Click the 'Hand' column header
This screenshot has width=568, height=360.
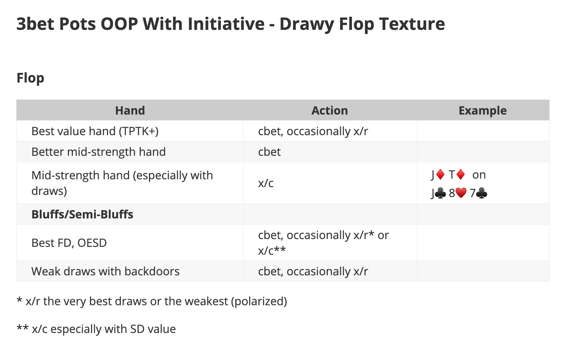tap(130, 111)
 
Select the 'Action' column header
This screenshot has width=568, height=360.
tap(329, 111)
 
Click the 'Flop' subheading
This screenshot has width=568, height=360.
tap(31, 78)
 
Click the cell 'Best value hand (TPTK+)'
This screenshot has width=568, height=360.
tap(95, 131)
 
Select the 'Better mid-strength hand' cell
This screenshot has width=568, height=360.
tap(98, 152)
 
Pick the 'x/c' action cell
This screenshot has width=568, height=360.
tap(266, 183)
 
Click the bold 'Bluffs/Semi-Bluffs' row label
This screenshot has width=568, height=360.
tap(82, 215)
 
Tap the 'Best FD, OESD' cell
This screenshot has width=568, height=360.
tap(69, 243)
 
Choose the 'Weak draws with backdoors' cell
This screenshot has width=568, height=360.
tap(106, 271)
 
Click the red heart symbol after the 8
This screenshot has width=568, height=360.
tap(461, 193)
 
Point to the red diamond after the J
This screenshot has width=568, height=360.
tap(440, 175)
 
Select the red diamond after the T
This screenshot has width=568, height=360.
tap(460, 175)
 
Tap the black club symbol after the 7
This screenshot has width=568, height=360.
tap(482, 193)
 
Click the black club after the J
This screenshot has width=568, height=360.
tap(440, 193)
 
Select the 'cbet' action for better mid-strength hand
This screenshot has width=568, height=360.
tap(269, 152)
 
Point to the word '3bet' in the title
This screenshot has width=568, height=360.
tap(36, 24)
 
